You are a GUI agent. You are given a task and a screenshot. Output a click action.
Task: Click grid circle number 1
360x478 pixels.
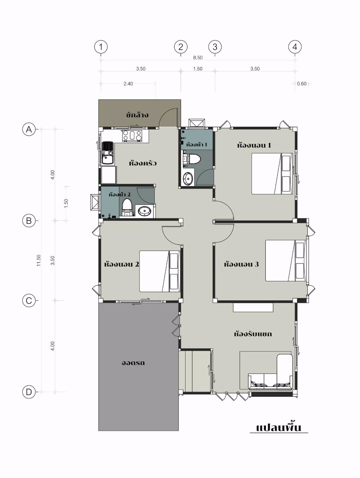100,47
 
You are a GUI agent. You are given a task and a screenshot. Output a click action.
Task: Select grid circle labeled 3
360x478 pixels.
215,47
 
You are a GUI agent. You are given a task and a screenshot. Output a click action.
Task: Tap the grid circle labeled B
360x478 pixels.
29,221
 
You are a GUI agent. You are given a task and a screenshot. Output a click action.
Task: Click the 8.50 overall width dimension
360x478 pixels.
198,58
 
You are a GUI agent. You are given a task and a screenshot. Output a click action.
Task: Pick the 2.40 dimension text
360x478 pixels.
128,84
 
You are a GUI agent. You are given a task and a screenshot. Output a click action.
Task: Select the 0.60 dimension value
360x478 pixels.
302,84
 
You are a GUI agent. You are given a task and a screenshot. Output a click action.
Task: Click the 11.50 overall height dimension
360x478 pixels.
39,260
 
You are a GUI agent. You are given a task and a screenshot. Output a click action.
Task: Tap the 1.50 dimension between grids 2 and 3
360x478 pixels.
198,69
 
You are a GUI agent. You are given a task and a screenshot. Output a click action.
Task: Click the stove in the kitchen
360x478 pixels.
132,136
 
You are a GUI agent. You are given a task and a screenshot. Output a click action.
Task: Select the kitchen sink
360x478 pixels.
108,153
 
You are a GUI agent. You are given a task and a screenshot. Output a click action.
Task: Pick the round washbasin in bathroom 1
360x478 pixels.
187,179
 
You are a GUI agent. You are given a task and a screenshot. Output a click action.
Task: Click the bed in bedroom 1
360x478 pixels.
272,174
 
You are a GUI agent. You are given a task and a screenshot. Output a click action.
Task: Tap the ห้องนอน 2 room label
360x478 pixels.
121,264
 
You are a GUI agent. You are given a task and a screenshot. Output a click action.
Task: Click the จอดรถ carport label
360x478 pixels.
133,363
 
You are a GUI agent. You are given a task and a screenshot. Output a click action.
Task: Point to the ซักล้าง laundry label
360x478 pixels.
137,115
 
